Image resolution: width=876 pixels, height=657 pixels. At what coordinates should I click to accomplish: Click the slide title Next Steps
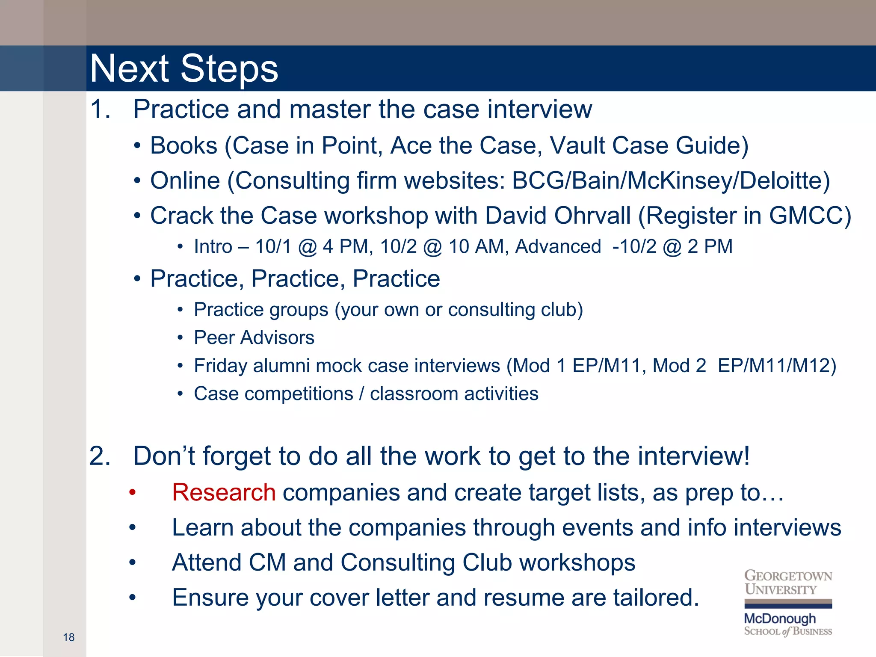pyautogui.click(x=184, y=69)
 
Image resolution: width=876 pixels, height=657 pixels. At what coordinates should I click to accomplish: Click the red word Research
pyautogui.click(x=224, y=492)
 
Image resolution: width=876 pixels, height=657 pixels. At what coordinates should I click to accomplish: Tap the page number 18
pyautogui.click(x=68, y=637)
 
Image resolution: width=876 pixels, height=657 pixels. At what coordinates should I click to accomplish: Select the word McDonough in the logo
pyautogui.click(x=780, y=619)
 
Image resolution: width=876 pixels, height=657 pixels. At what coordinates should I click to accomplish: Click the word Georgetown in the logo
pyautogui.click(x=788, y=576)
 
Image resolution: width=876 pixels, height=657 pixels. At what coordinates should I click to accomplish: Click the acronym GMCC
pyautogui.click(x=806, y=216)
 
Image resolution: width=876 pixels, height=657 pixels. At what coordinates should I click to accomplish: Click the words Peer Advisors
pyautogui.click(x=254, y=338)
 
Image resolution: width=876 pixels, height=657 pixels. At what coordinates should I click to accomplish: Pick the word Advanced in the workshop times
pyautogui.click(x=558, y=247)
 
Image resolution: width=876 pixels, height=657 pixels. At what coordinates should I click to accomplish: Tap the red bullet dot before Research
pyautogui.click(x=133, y=493)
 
